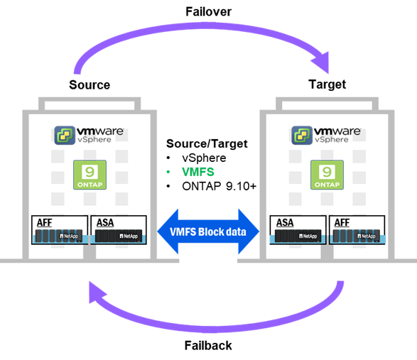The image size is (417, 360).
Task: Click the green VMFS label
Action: pos(197,172)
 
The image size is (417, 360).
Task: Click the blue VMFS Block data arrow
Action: pos(208,231)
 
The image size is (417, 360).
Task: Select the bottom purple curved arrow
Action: pos(213,323)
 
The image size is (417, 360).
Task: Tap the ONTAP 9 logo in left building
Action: pos(90,175)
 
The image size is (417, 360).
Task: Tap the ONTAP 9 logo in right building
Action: pos(327,175)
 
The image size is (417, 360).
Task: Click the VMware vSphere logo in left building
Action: pos(89,134)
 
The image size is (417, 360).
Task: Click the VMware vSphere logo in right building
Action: pos(326,134)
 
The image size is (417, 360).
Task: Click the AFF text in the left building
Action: pos(44,222)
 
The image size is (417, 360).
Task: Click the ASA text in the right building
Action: pos(285,222)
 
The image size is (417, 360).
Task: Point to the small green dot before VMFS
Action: pos(168,172)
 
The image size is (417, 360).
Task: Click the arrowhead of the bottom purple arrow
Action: pos(94,290)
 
